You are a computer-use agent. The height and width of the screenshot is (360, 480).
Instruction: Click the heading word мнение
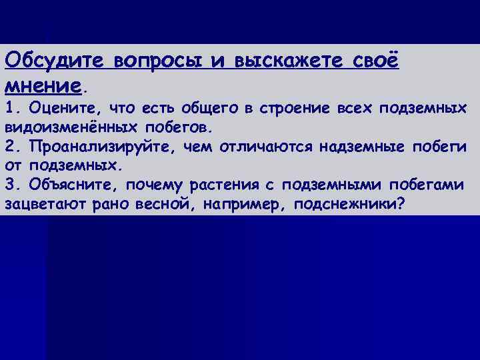pos(43,86)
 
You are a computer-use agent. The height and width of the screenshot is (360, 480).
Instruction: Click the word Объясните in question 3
pos(71,183)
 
